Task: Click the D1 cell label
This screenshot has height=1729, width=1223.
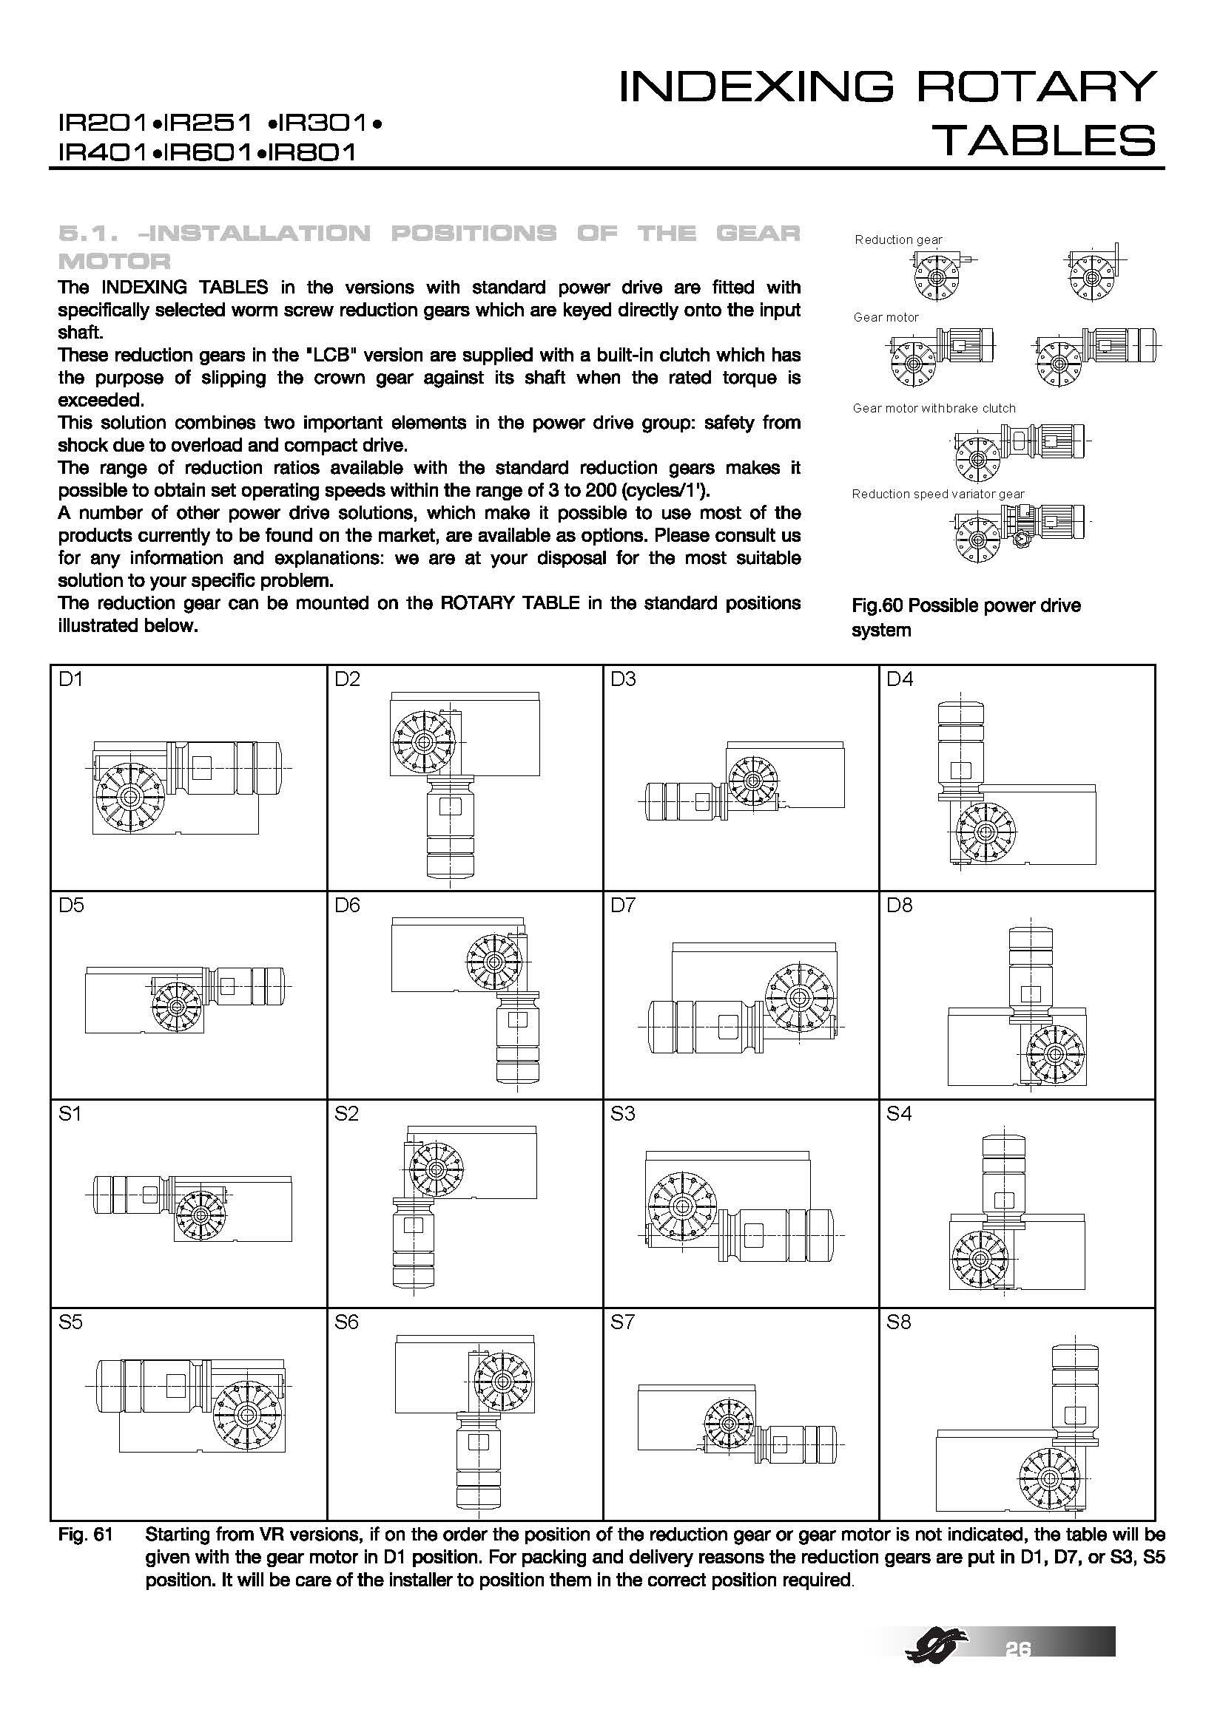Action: click(71, 679)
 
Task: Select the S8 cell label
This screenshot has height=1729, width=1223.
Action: click(899, 1322)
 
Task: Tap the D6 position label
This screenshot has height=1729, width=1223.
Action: click(348, 906)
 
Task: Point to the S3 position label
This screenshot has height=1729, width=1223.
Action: click(623, 1114)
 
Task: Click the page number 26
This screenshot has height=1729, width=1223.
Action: click(1018, 1649)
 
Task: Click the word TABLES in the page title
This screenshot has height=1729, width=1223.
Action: click(1043, 141)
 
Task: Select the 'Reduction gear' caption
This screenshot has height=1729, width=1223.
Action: click(898, 240)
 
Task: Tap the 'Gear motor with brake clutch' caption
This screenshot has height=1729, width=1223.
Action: click(934, 408)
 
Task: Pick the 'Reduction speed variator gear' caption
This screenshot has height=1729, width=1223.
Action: click(938, 494)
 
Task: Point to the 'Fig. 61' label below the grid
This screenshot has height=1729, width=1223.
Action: click(85, 1534)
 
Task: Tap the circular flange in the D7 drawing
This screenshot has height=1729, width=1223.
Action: click(799, 999)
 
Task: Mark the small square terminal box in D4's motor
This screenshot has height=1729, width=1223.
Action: click(961, 770)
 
